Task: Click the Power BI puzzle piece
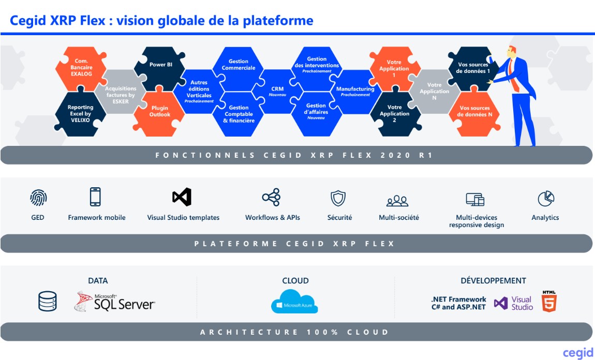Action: (x=161, y=65)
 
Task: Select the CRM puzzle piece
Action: (x=277, y=90)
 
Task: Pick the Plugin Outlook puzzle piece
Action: (x=159, y=112)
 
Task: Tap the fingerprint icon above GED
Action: (x=38, y=197)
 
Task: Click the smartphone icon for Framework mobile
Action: (x=95, y=197)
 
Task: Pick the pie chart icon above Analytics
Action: (x=545, y=198)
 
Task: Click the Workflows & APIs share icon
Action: (x=271, y=197)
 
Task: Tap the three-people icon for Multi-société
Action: (x=397, y=200)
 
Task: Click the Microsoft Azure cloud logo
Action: (x=294, y=301)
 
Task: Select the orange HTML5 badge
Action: (x=549, y=301)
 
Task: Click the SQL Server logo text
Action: (x=123, y=304)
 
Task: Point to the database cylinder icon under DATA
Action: (x=48, y=301)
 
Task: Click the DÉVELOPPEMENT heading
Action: (x=493, y=281)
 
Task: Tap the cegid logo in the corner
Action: (x=577, y=352)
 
